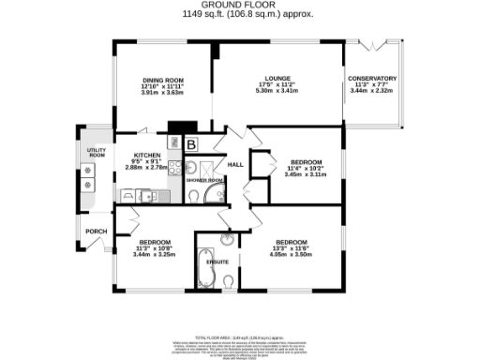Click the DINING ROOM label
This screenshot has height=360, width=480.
[x=162, y=80]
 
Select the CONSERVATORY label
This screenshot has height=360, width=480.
[x=372, y=78]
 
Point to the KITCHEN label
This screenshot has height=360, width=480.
[x=147, y=155]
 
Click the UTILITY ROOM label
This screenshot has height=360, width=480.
[x=96, y=152]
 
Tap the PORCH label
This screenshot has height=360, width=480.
[x=95, y=232]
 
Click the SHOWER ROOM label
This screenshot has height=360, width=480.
[x=203, y=179]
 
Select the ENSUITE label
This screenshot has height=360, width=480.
[x=217, y=275]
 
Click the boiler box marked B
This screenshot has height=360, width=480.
[x=190, y=144]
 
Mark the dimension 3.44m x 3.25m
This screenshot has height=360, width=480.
[x=154, y=254]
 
